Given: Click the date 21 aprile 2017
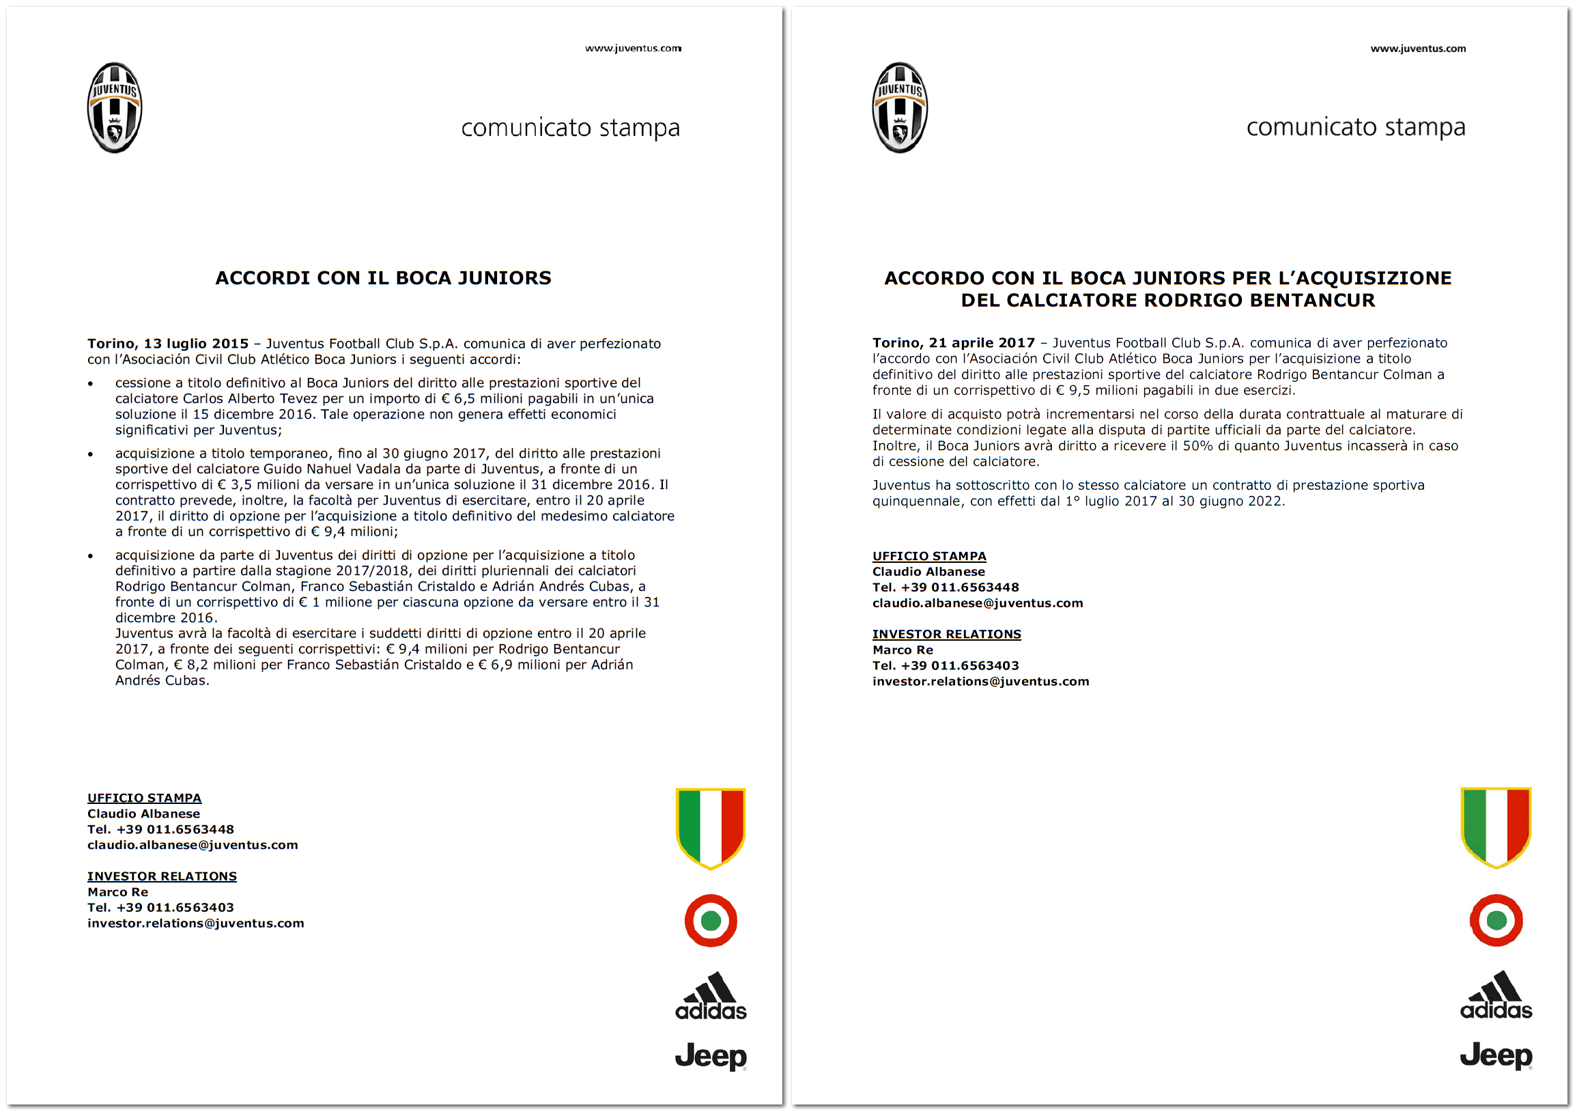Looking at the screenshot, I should [x=982, y=343].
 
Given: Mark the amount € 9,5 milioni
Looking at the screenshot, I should [x=1098, y=391].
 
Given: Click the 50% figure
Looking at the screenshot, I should [x=1197, y=446].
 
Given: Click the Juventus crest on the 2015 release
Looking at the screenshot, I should [x=115, y=108].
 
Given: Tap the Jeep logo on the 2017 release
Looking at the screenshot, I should [x=1496, y=1056].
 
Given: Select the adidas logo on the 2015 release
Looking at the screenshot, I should [x=711, y=997].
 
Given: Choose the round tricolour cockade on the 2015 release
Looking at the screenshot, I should [x=711, y=921].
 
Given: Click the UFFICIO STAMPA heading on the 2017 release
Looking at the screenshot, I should [x=928, y=557].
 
